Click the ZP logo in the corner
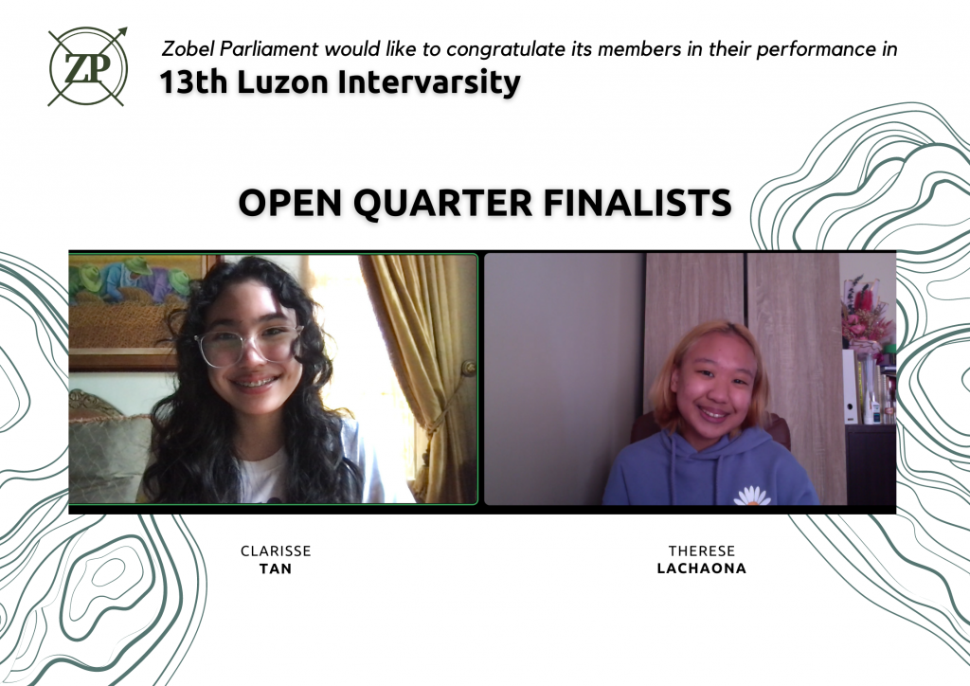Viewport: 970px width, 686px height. (x=88, y=66)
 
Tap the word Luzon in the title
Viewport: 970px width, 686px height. (x=282, y=82)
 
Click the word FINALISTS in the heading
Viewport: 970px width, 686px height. (x=638, y=202)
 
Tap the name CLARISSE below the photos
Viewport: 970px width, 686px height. (x=276, y=551)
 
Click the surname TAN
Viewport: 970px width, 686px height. (x=276, y=569)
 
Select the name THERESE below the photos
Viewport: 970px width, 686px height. (x=702, y=551)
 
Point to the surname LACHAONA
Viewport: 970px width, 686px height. (x=702, y=569)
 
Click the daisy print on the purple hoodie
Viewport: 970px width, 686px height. (x=751, y=496)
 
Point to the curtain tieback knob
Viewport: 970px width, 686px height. (x=468, y=369)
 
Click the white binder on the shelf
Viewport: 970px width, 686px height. (x=850, y=387)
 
